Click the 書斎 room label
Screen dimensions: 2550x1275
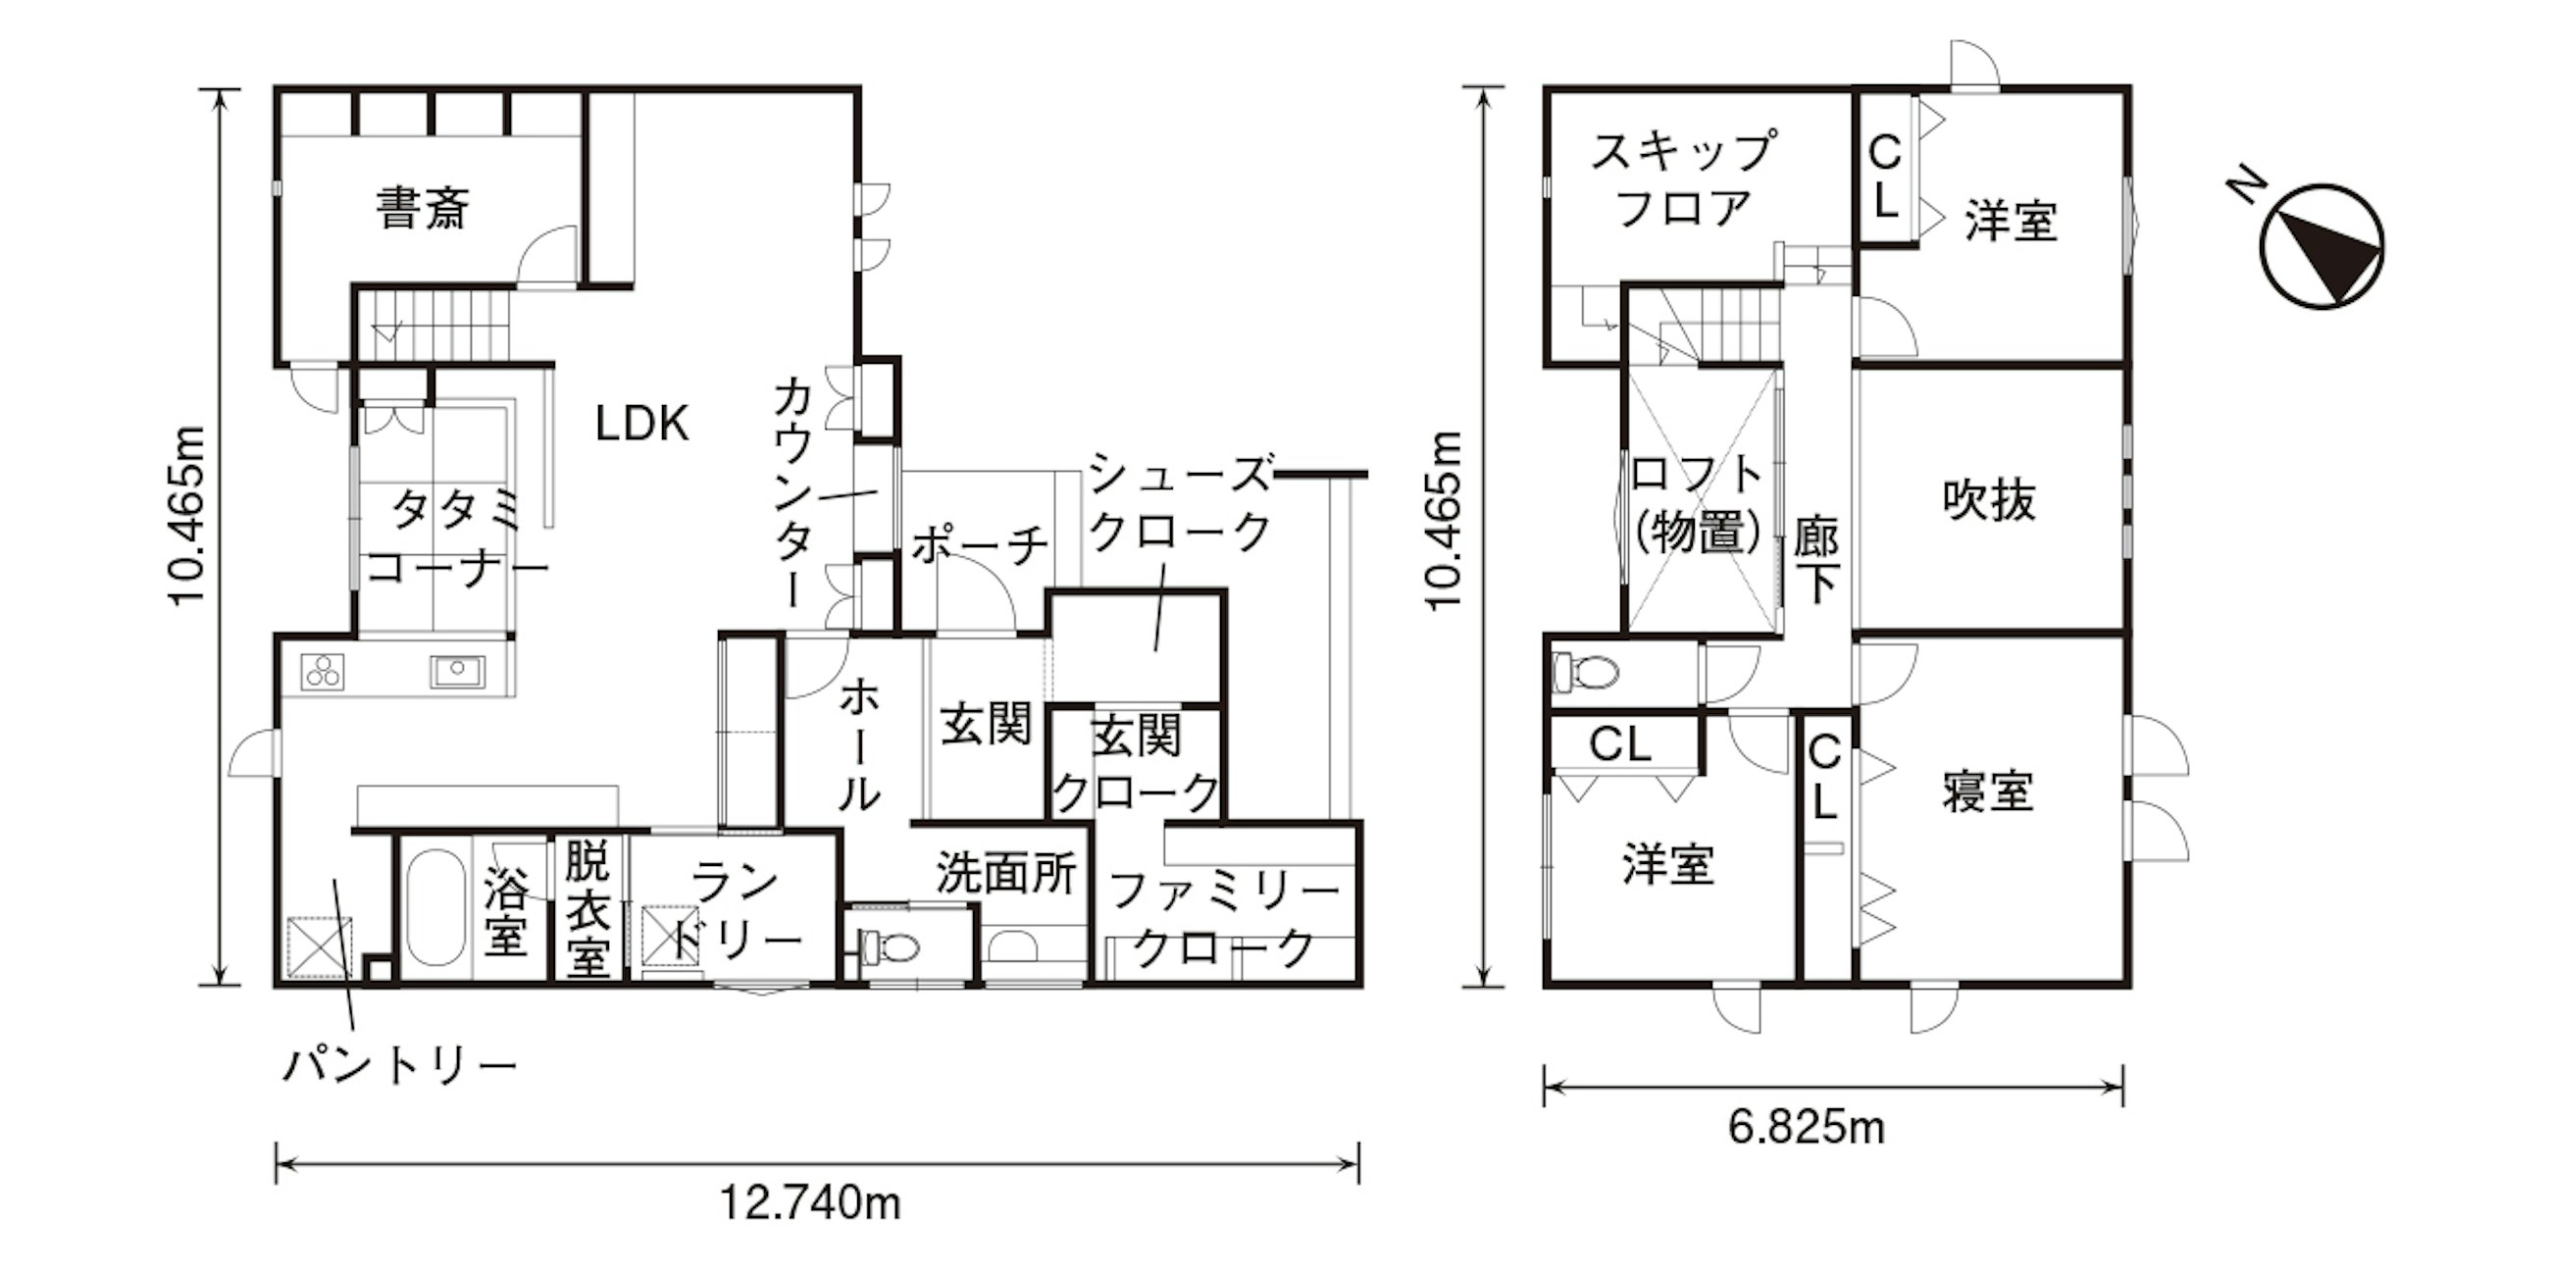[x=422, y=208]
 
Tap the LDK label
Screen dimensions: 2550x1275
[x=641, y=424]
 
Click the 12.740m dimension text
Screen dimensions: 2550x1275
[x=810, y=1203]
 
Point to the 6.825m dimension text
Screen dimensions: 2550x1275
[x=1808, y=1128]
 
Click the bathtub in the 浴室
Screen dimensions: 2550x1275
[x=435, y=908]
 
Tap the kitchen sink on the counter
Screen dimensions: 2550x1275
[x=457, y=672]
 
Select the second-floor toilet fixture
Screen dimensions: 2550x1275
[x=1585, y=672]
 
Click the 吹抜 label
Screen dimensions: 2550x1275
[x=1990, y=500]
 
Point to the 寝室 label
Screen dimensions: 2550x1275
[x=1988, y=791]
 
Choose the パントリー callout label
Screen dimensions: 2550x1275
[x=400, y=1065]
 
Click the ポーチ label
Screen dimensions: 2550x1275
[x=980, y=543]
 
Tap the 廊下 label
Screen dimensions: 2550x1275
[x=1817, y=560]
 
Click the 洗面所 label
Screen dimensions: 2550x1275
[x=1005, y=873]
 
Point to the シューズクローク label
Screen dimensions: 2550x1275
[x=1180, y=503]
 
